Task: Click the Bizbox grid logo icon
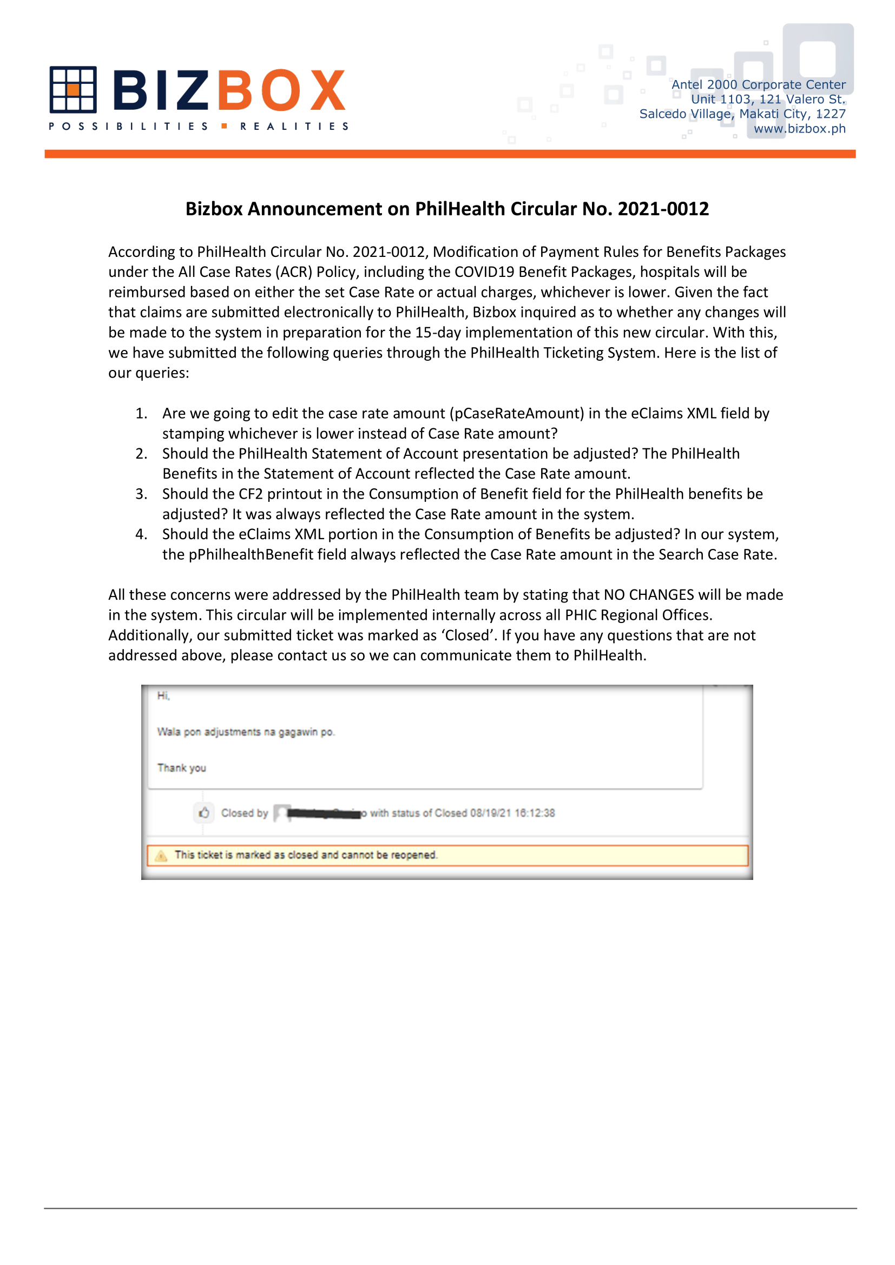coord(73,89)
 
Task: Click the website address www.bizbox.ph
coord(799,129)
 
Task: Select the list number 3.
coord(141,494)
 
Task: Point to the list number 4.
coord(141,534)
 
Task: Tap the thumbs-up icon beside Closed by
coord(204,813)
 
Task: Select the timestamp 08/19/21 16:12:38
coord(512,813)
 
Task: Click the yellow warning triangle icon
coord(161,856)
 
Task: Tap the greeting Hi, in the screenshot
coord(163,696)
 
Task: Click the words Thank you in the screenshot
coord(181,768)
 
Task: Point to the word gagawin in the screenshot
coord(298,732)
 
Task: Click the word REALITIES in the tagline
coord(294,127)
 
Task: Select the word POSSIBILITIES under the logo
coord(128,127)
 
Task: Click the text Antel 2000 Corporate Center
coord(758,85)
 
